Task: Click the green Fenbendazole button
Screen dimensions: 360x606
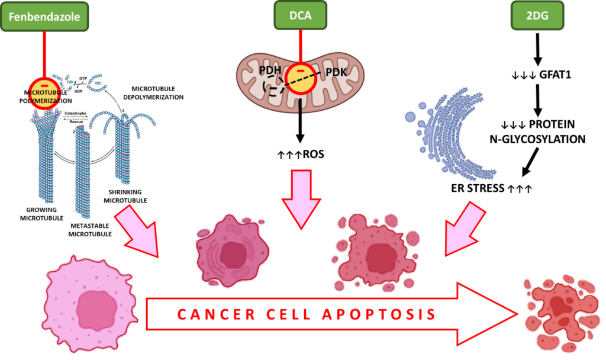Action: [44, 16]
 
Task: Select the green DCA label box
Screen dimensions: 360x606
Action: [301, 15]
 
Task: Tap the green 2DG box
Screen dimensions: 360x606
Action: [537, 16]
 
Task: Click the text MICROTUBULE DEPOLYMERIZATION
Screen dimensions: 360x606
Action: [153, 92]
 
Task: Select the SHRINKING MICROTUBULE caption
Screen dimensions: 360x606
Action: [125, 196]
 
